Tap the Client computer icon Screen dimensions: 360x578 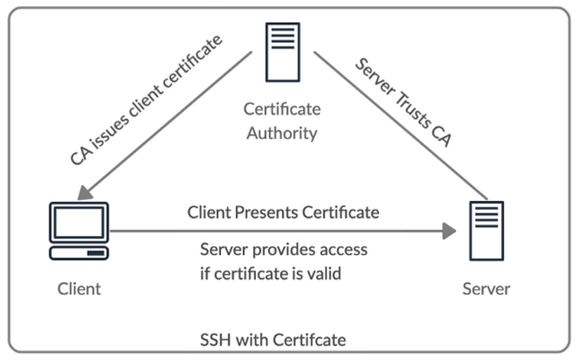78,230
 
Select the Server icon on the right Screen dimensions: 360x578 486,230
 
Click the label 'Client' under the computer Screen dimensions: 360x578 79,289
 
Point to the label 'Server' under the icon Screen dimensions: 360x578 486,289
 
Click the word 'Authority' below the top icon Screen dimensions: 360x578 282,132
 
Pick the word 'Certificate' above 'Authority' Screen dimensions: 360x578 282,109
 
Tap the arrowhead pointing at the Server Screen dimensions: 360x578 449,230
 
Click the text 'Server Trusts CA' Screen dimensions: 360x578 402,103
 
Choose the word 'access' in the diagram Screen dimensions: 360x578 341,249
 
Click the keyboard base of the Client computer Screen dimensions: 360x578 78,252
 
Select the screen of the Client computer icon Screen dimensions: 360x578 78,222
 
